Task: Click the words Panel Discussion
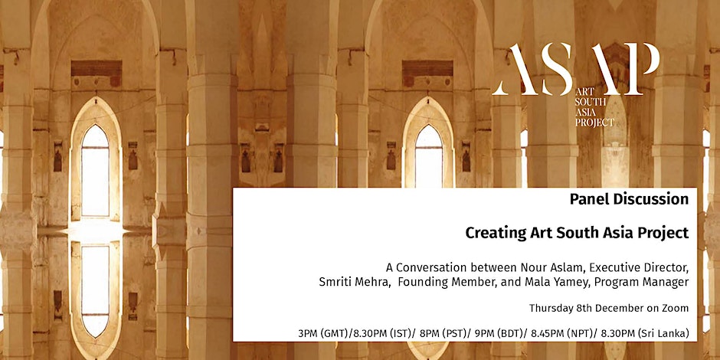(629, 199)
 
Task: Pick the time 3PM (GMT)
(322, 334)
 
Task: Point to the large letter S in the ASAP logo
(557, 69)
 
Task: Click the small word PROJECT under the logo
(594, 122)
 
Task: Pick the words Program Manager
(641, 283)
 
